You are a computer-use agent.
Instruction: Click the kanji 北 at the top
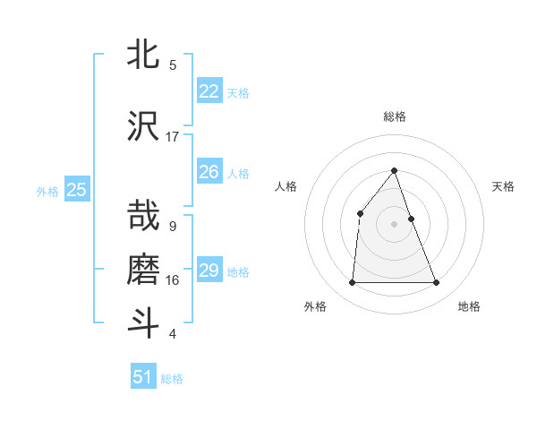click(x=144, y=55)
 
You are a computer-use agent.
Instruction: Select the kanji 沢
click(x=144, y=126)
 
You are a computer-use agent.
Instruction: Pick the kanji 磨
click(x=144, y=270)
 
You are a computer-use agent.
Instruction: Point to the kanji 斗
click(x=144, y=323)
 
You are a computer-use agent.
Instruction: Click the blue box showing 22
click(x=209, y=91)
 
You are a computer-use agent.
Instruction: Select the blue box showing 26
click(x=209, y=172)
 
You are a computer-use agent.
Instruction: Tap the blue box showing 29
click(x=209, y=271)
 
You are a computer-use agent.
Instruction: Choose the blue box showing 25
click(x=76, y=189)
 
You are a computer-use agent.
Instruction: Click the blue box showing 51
click(x=143, y=377)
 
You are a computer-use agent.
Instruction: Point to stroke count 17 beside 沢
click(x=173, y=136)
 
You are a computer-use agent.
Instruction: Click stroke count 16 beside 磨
click(x=173, y=279)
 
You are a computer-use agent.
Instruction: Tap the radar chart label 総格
click(x=394, y=116)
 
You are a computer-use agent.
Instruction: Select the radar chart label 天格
click(x=503, y=186)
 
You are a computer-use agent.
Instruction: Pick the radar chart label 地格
click(x=469, y=306)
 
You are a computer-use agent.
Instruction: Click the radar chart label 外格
click(x=315, y=306)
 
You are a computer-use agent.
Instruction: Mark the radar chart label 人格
click(x=286, y=186)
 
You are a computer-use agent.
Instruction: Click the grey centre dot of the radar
click(x=394, y=223)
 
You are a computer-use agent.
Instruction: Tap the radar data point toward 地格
click(x=436, y=283)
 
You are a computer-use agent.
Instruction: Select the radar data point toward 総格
click(x=394, y=170)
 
